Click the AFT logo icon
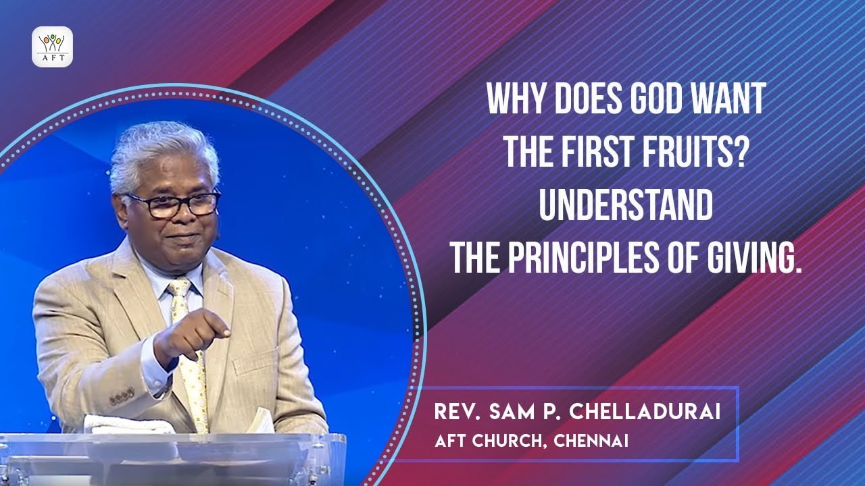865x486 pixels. point(52,47)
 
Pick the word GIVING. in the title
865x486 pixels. point(747,259)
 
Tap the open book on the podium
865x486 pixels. point(260,421)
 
